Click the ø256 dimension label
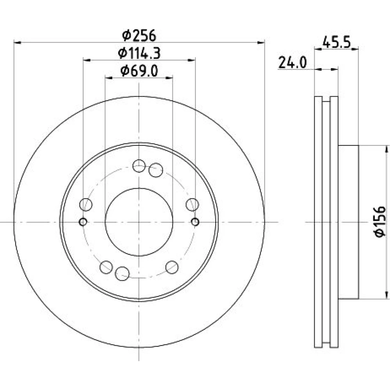(139, 35)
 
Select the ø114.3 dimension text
(139, 53)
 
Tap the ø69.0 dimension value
(139, 71)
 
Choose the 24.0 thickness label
(292, 62)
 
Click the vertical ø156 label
(380, 222)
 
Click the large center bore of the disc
(139, 222)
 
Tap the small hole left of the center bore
(83, 222)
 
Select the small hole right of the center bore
(195, 222)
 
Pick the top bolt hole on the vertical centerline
(139, 166)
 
